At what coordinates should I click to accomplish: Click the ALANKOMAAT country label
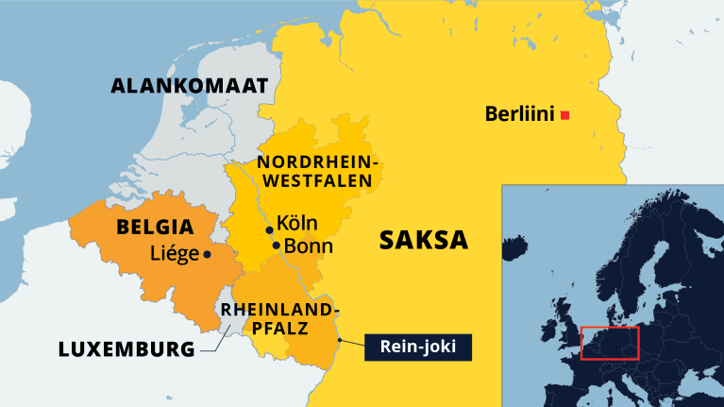click(190, 87)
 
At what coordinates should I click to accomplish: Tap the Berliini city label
click(519, 114)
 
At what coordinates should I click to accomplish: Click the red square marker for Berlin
click(564, 115)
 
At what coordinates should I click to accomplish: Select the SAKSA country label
click(424, 240)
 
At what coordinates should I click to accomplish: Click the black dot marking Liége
click(207, 253)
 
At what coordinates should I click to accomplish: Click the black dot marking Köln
click(269, 229)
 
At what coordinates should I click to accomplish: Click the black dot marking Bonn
click(276, 246)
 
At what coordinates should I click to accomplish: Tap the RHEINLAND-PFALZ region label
click(278, 319)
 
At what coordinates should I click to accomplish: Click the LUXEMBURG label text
click(126, 348)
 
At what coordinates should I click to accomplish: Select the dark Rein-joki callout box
click(417, 348)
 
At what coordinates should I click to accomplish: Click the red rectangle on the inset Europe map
click(610, 343)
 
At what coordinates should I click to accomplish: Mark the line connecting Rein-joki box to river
click(350, 343)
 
